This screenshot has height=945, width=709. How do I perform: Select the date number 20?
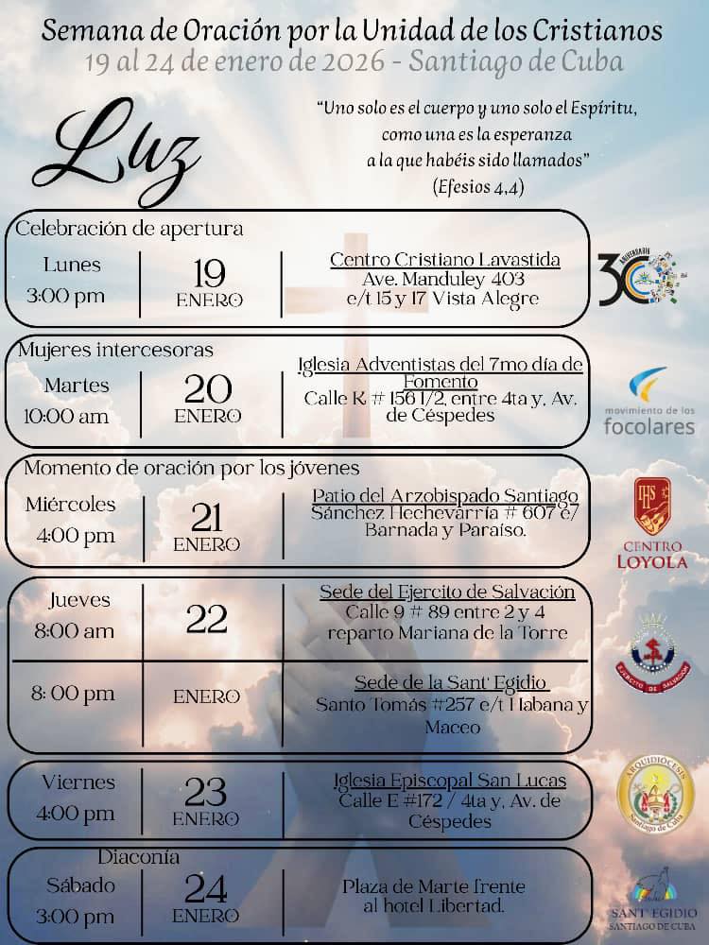(x=208, y=389)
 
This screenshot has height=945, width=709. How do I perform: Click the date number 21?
(x=207, y=517)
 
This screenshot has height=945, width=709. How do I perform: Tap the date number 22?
(x=207, y=618)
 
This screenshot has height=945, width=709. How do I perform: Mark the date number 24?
(x=206, y=889)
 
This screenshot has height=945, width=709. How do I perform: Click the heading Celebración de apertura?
(x=130, y=228)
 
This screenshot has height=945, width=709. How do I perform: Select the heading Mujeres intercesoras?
(x=115, y=350)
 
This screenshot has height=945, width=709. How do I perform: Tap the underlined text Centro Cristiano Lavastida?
(x=444, y=259)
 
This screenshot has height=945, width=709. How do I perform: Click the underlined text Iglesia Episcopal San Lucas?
(x=450, y=781)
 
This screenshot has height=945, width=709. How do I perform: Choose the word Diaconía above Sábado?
(x=139, y=857)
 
